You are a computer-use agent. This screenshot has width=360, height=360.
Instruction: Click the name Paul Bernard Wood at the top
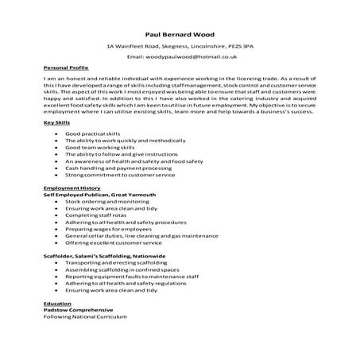(x=180, y=34)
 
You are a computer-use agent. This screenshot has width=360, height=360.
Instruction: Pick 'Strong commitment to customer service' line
(x=120, y=175)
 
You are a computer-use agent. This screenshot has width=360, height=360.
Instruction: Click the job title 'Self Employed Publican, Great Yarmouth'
(x=96, y=194)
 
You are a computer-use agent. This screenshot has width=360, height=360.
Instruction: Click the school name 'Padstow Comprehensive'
(x=72, y=310)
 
